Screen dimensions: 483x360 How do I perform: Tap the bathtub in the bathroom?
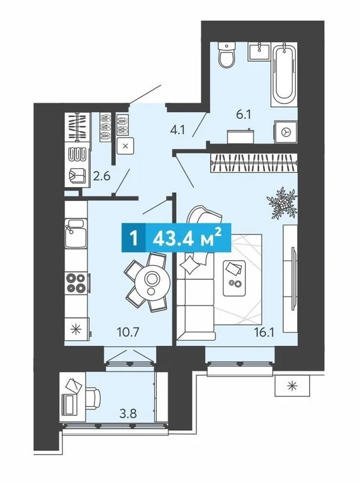285,74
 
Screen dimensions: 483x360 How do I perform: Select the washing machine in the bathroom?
286,132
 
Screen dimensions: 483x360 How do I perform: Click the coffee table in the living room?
236,277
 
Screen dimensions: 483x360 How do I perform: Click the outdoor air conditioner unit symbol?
291,385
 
